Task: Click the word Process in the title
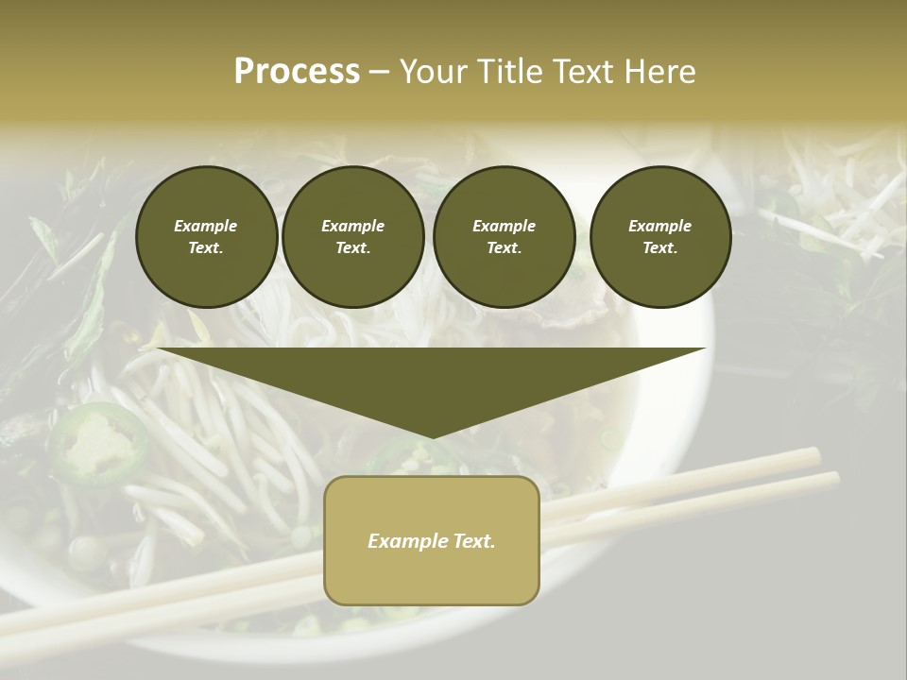click(297, 72)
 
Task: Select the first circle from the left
click(206, 237)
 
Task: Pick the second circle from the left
click(353, 237)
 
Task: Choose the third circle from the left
click(505, 237)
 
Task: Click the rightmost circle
click(660, 237)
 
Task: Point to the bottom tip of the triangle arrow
click(432, 437)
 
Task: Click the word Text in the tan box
click(474, 541)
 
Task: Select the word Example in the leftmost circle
click(206, 226)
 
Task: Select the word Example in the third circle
click(505, 226)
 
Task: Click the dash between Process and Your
click(379, 73)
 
